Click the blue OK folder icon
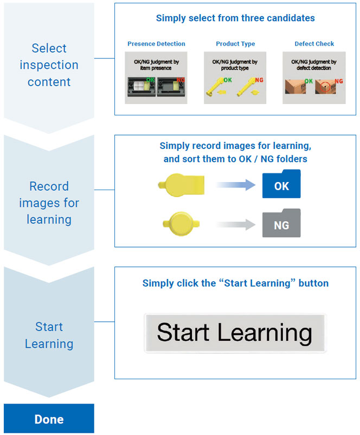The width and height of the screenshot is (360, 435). point(281,185)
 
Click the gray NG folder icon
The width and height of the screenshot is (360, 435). point(281,224)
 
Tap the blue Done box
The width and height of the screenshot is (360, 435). point(49,419)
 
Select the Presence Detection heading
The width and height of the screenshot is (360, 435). point(156,44)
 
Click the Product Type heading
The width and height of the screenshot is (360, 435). point(235,44)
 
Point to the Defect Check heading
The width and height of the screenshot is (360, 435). point(314,44)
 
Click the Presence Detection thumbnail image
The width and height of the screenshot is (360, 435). point(156,77)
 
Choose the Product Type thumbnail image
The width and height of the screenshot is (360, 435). point(235,77)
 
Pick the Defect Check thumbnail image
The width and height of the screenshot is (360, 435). point(314,77)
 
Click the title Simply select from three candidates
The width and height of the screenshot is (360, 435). point(235,18)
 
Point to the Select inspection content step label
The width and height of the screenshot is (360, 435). point(49,65)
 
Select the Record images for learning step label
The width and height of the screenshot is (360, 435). point(49,203)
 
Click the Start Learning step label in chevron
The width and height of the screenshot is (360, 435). point(49,335)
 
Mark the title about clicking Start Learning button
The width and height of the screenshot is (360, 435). point(235,283)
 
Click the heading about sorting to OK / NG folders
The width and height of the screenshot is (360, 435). point(235,153)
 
